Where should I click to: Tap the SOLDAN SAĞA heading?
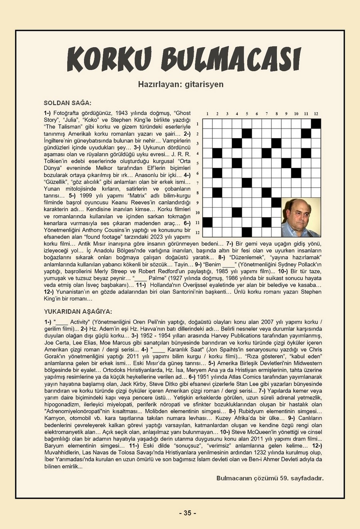pos(68,103)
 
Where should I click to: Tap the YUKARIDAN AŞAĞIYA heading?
pos(78,311)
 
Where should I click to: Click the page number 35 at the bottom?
pos(188,513)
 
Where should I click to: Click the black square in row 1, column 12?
pos(316,124)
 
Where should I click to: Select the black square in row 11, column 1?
pos(208,222)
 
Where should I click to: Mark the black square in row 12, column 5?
pos(247,232)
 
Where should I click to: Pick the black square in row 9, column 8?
pos(276,202)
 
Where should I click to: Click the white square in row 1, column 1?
pos(208,124)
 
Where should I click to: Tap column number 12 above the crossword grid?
pos(316,114)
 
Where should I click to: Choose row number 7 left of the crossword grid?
pos(198,183)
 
